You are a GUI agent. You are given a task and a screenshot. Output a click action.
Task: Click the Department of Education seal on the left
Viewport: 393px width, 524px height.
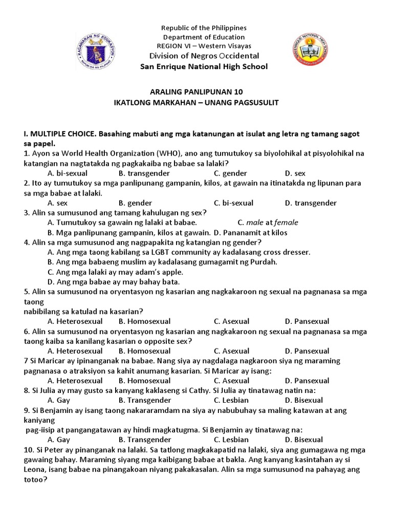click(x=96, y=51)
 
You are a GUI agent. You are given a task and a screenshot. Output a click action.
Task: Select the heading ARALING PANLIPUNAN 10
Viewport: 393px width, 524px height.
click(x=196, y=92)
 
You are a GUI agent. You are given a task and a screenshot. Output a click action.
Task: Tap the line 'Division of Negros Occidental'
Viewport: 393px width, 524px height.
click(x=204, y=56)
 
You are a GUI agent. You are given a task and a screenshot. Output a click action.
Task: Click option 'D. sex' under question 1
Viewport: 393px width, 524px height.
click(x=295, y=173)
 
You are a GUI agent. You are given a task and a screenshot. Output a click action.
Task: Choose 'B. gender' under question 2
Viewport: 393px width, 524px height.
click(x=135, y=203)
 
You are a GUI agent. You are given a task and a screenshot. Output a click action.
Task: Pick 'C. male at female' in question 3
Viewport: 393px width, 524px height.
click(x=268, y=223)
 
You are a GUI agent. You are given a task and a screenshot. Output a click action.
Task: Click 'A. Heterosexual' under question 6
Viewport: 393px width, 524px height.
click(x=75, y=351)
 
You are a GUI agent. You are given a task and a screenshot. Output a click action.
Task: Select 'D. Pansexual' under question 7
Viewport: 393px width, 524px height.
click(x=307, y=381)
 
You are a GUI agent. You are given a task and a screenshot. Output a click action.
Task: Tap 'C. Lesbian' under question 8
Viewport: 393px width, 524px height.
click(x=231, y=400)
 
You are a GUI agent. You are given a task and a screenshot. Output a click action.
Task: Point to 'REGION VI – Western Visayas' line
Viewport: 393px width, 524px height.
click(x=204, y=46)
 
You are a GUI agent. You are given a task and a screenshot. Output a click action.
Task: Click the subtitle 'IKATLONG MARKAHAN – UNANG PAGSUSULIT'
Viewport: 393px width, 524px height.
click(x=196, y=102)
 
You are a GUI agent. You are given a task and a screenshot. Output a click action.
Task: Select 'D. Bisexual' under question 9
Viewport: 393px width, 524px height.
click(x=304, y=440)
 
